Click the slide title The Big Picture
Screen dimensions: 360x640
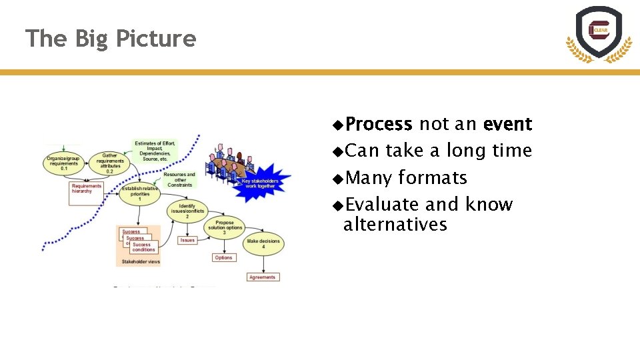click(x=111, y=39)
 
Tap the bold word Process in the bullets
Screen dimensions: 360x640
click(x=379, y=125)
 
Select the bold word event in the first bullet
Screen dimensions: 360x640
click(x=507, y=125)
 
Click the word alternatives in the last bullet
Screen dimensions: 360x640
click(x=395, y=225)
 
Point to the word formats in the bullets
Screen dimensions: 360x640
click(x=433, y=178)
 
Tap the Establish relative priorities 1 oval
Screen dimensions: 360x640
click(x=140, y=194)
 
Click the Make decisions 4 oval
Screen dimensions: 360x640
click(x=263, y=244)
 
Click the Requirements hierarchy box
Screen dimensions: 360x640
click(x=87, y=188)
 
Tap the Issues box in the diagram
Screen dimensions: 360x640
click(x=187, y=240)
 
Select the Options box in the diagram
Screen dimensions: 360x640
click(x=223, y=257)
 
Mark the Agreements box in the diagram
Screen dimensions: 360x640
click(x=263, y=277)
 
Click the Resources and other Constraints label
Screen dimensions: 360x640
click(x=180, y=180)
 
